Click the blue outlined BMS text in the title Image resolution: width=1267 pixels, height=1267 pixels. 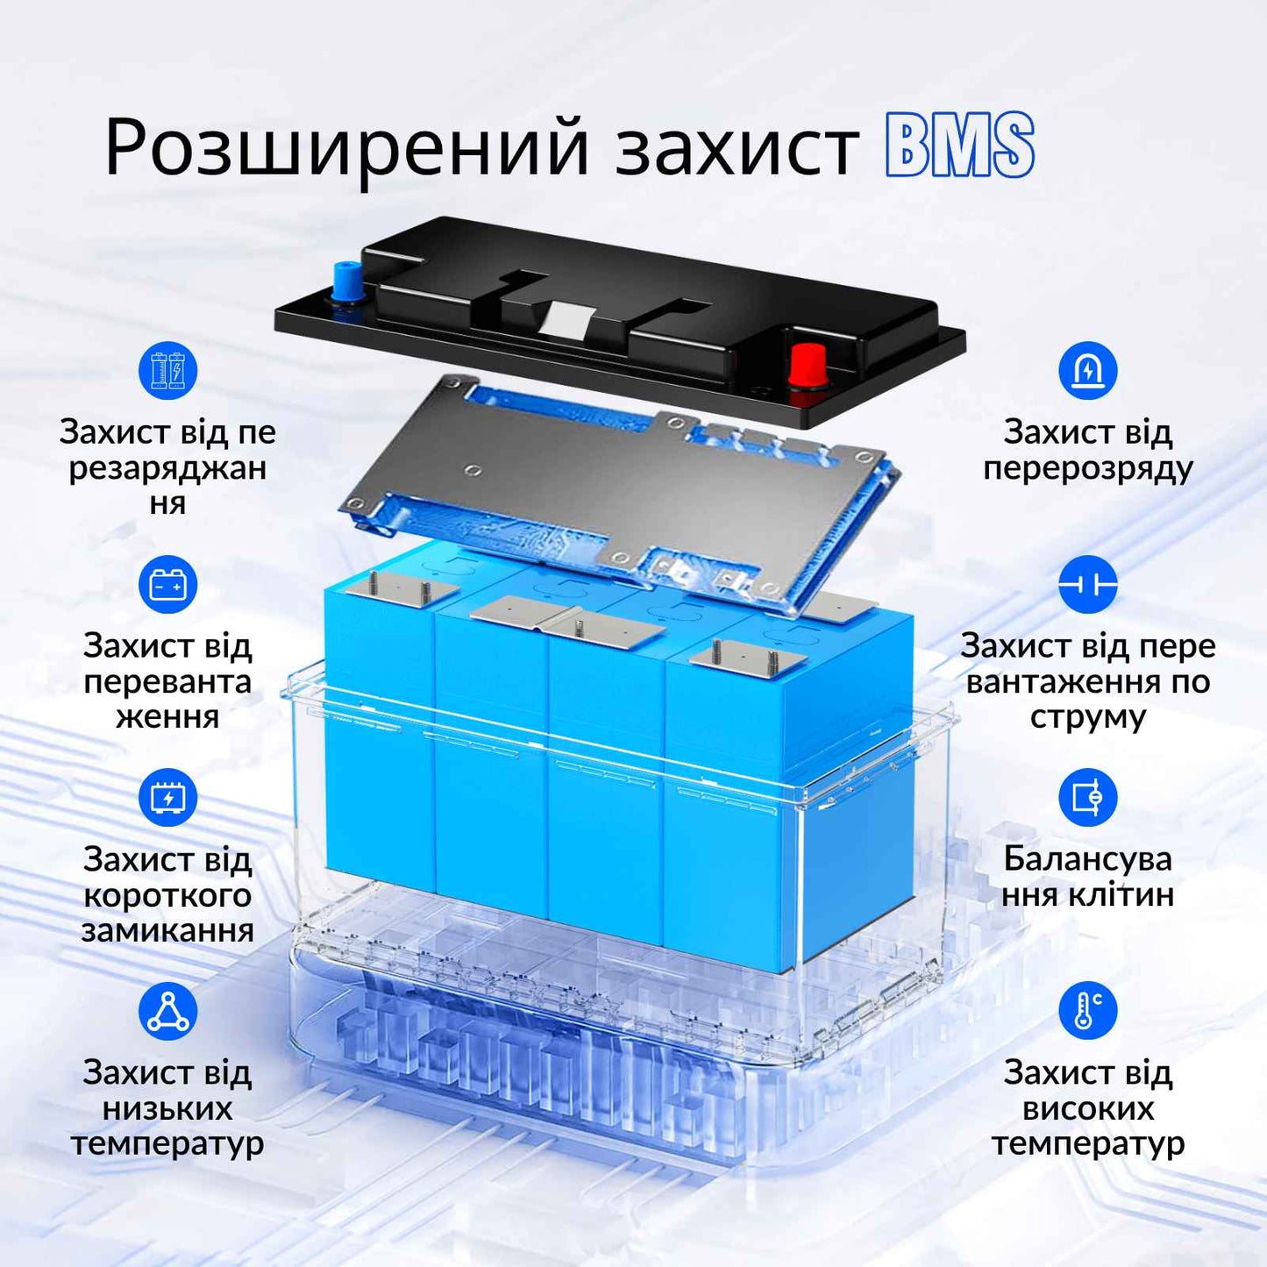(960, 146)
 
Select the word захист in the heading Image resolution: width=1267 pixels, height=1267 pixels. (737, 147)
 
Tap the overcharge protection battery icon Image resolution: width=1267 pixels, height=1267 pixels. (167, 370)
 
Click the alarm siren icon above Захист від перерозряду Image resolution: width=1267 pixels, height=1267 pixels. (1087, 370)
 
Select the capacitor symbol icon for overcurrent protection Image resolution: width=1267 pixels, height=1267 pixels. (1087, 584)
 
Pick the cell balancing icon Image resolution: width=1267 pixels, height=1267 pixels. (1087, 797)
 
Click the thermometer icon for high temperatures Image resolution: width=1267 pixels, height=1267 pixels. (1087, 1010)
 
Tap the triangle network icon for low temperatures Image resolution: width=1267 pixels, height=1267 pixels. (167, 1011)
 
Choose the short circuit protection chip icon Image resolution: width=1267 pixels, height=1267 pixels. (167, 797)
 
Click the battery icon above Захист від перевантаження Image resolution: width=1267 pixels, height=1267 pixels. (167, 584)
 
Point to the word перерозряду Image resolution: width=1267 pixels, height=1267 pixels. (1087, 468)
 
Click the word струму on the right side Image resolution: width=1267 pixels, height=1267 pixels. (1087, 717)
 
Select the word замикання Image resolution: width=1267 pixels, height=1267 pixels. (167, 930)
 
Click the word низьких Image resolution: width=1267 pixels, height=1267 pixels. (167, 1108)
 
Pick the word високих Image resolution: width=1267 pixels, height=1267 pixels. (1087, 1108)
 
